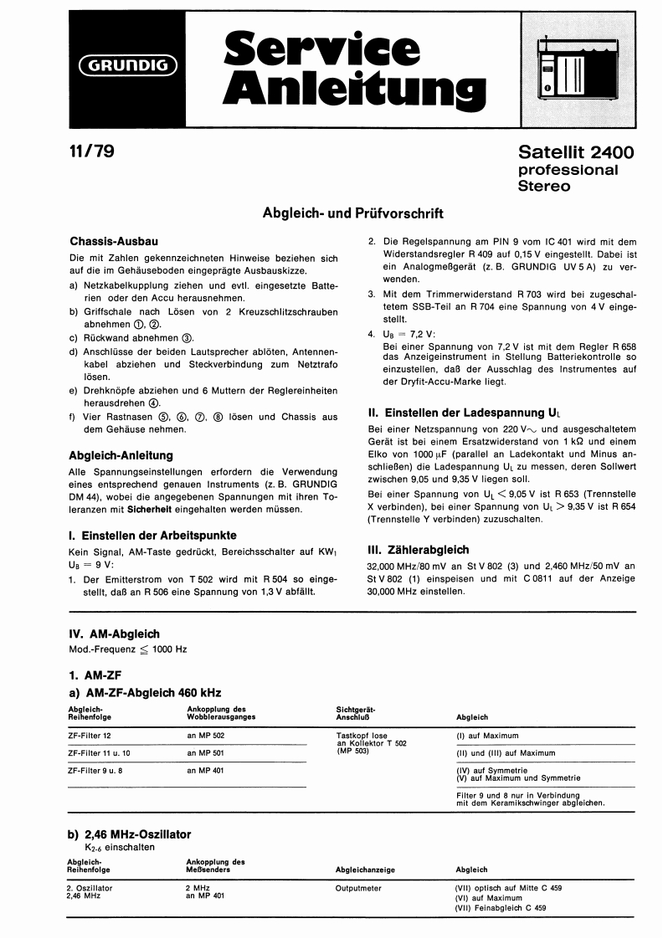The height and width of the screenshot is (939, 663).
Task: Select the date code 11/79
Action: [x=91, y=151]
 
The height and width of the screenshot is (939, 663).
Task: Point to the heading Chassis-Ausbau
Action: [x=114, y=241]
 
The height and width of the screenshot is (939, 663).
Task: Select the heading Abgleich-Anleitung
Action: [x=121, y=455]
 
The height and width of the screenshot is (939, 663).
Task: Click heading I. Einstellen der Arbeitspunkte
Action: [x=152, y=535]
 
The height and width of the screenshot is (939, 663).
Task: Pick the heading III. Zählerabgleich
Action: [x=418, y=550]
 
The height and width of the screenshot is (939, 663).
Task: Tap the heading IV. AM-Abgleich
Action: [x=114, y=634]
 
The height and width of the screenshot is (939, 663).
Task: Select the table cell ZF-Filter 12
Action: [x=89, y=735]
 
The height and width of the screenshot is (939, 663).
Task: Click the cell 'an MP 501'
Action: [x=206, y=752]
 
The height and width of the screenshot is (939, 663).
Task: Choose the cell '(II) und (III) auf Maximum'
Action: [x=506, y=752]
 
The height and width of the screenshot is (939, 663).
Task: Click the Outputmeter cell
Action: [x=358, y=888]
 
